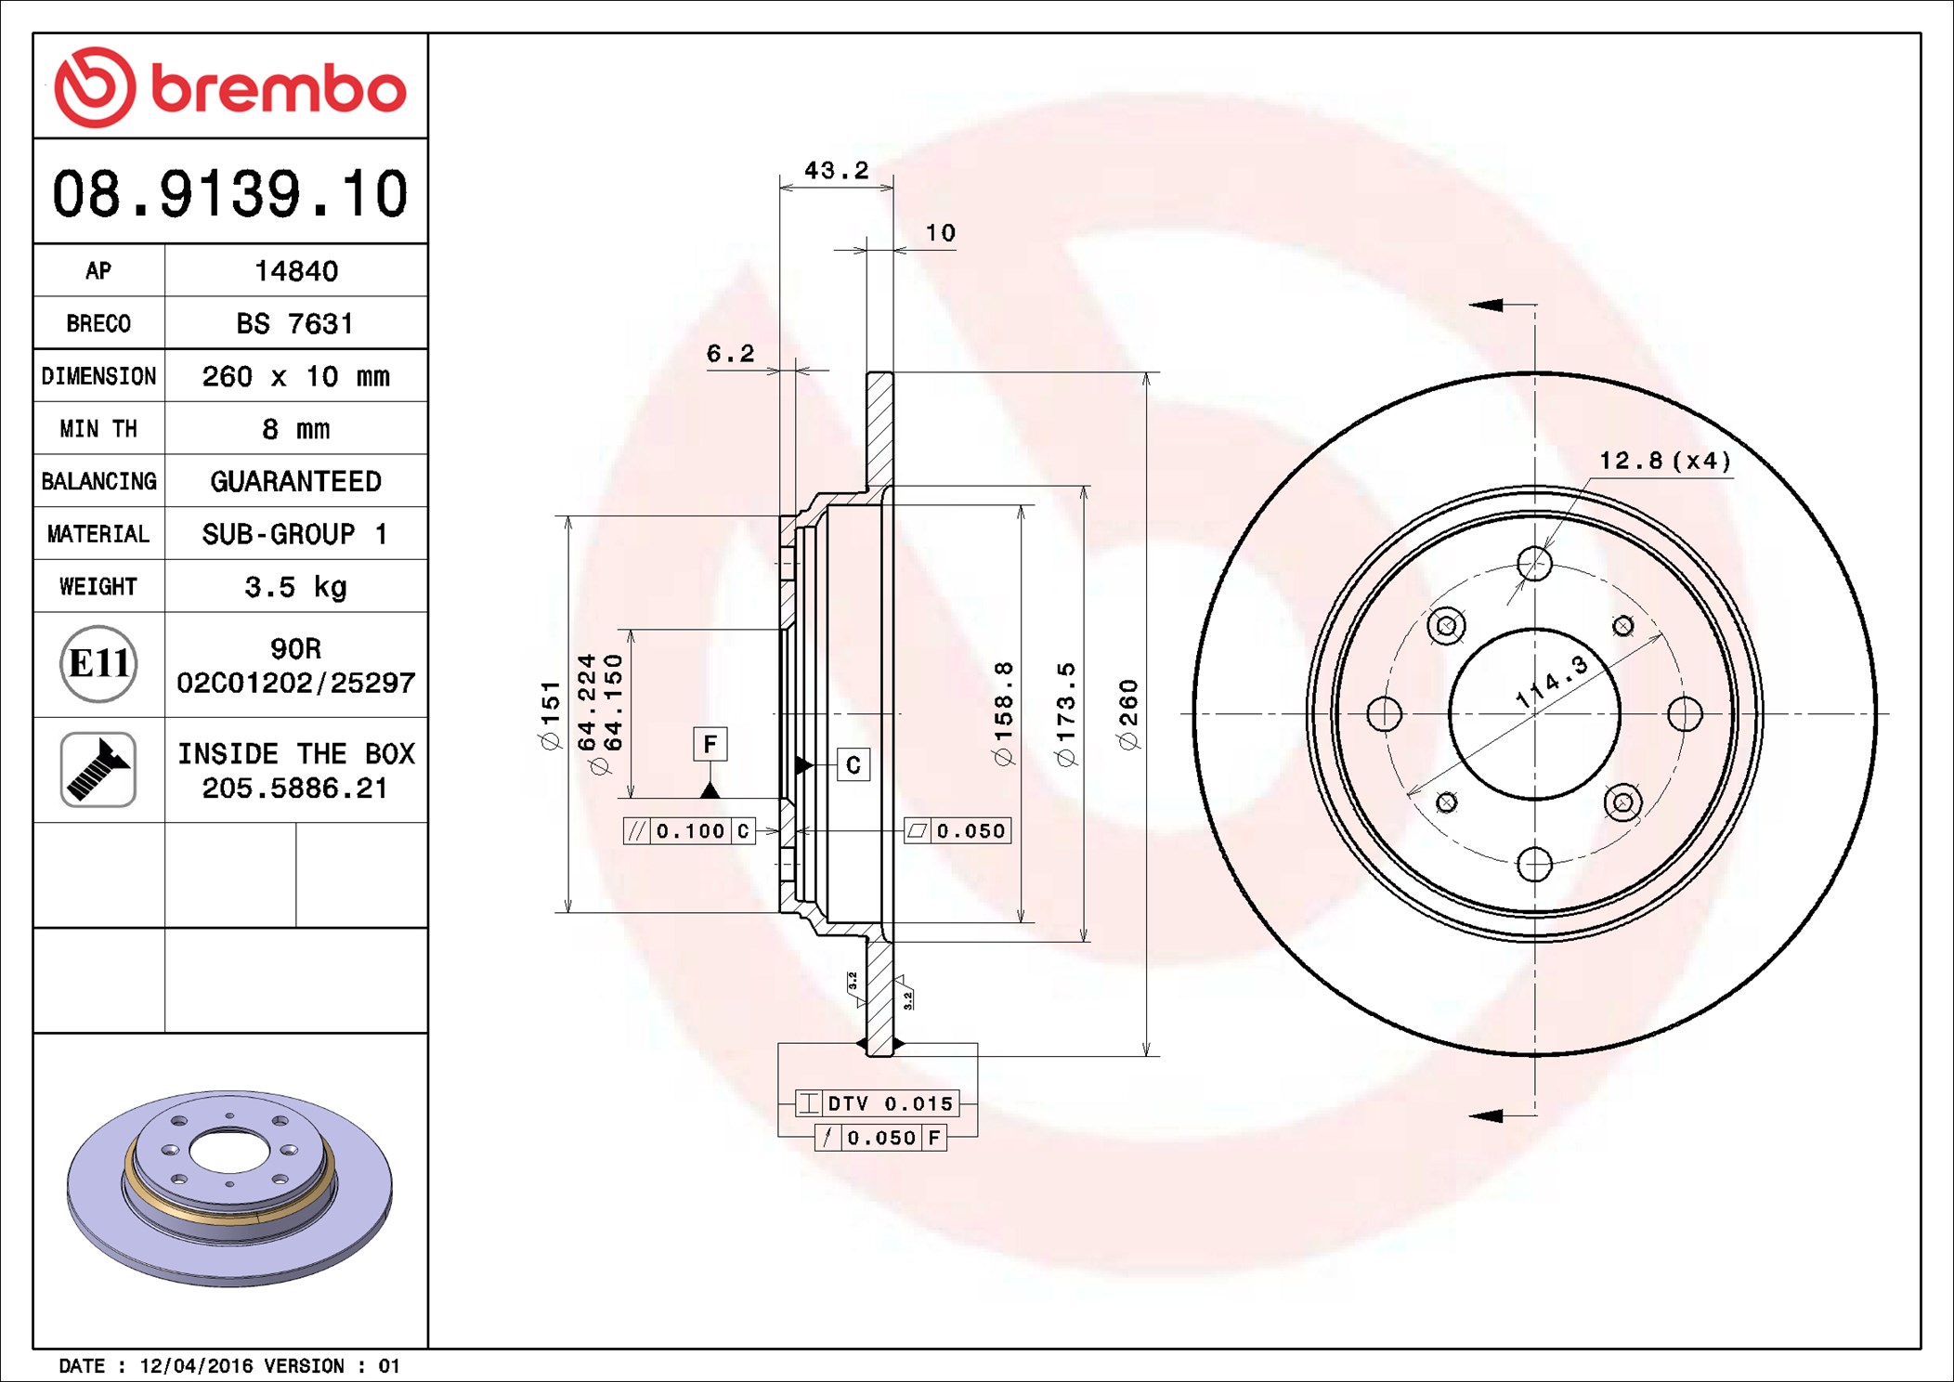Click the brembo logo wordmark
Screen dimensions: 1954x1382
(278, 89)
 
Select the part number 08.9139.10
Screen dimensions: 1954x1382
(229, 194)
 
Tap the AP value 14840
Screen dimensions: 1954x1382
(296, 271)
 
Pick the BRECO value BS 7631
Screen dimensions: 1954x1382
(294, 323)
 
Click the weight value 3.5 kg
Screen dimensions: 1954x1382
(295, 587)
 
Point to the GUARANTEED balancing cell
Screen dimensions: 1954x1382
(295, 481)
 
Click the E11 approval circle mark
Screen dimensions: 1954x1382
(98, 664)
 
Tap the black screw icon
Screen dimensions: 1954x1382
(98, 769)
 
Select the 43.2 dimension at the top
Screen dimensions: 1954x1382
(836, 171)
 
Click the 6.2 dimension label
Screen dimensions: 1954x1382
(730, 354)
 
